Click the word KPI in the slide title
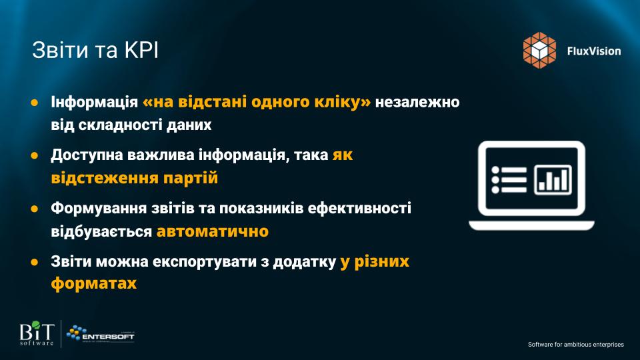[x=141, y=50]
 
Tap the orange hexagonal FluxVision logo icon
[x=539, y=50]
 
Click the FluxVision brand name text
[x=594, y=51]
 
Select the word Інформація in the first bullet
[x=94, y=102]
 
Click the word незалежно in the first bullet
[x=417, y=102]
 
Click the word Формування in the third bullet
[x=99, y=209]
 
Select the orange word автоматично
[x=213, y=231]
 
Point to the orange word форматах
[x=94, y=283]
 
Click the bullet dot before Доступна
[x=35, y=155]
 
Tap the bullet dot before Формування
[x=35, y=209]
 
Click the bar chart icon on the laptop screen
[x=553, y=179]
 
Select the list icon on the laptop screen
[x=509, y=179]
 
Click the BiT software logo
[x=37, y=333]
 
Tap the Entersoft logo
[x=100, y=334]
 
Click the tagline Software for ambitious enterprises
[x=576, y=345]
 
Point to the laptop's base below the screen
[x=531, y=225]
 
